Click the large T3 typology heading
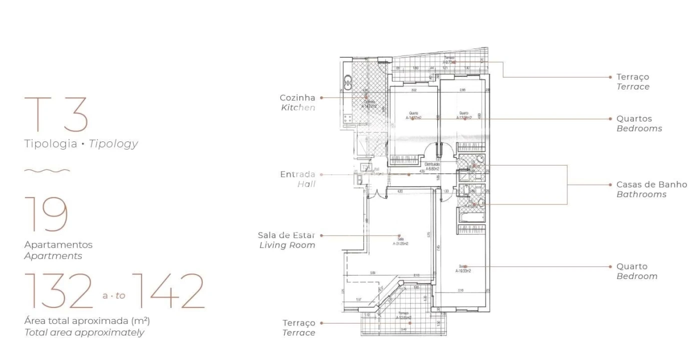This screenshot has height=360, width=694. click(x=56, y=114)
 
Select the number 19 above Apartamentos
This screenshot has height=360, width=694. click(x=46, y=214)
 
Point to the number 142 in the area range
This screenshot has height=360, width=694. click(x=170, y=291)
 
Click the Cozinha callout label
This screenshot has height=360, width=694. click(x=298, y=98)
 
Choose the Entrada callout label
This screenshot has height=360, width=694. click(x=298, y=174)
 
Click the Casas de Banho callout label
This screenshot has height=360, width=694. click(x=651, y=184)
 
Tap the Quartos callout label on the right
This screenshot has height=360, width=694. click(x=634, y=119)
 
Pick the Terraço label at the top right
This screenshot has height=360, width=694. click(x=632, y=77)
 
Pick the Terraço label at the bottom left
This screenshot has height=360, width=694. click(x=299, y=323)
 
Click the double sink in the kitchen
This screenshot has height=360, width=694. click(x=348, y=82)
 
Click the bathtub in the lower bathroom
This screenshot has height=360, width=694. click(x=470, y=216)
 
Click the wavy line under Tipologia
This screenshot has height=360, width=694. click(x=47, y=170)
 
